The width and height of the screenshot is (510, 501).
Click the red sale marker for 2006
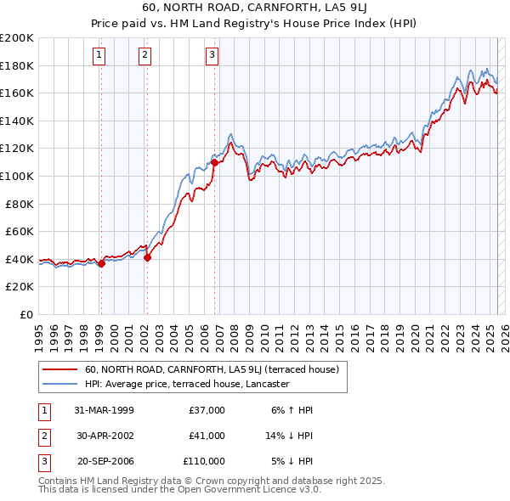coord(214,162)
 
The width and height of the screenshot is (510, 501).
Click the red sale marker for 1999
coord(101,263)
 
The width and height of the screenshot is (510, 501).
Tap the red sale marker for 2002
coord(147,257)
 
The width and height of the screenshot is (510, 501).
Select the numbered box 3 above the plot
coord(212,56)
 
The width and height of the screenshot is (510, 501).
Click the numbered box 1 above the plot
coord(99,56)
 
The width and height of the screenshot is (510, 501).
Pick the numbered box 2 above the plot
coord(145,56)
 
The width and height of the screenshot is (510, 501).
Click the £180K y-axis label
coord(17,65)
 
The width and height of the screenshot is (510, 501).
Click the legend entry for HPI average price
coord(187,384)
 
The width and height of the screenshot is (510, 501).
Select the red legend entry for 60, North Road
coord(212,369)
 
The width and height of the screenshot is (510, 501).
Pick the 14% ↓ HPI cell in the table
coord(288,436)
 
